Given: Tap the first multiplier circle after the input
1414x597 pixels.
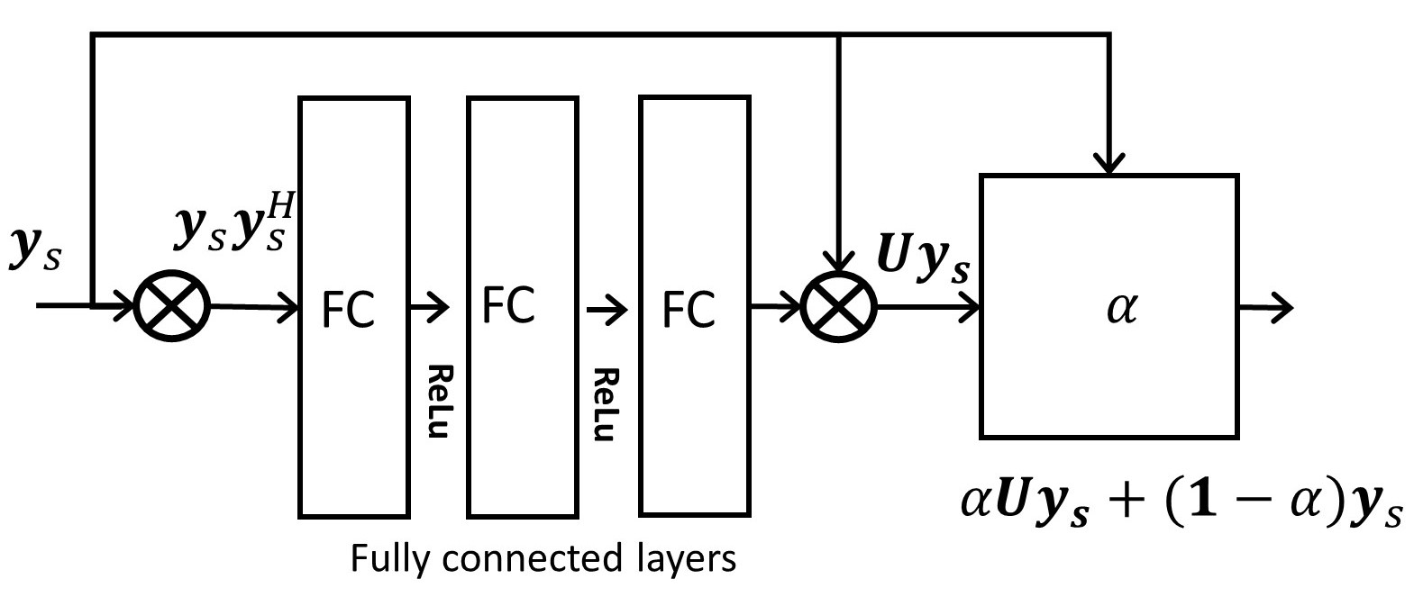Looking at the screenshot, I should [171, 307].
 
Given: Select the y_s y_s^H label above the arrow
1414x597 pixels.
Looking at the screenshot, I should [235, 226].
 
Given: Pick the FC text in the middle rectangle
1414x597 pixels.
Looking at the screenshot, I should [508, 304].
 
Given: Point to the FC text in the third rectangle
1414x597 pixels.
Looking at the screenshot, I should [689, 311].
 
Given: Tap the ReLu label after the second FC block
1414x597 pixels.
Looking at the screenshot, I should [606, 405].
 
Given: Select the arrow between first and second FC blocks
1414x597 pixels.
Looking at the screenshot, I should [429, 308].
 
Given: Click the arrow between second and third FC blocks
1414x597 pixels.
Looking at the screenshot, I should [606, 311].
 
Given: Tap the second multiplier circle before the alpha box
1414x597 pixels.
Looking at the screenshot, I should [839, 307].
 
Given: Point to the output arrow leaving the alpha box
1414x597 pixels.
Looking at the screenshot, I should [1266, 308].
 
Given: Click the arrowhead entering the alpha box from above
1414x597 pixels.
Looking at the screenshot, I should [1109, 165].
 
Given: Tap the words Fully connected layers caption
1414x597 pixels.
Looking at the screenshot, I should [543, 559].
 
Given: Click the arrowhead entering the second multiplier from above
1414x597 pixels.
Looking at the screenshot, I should [839, 260].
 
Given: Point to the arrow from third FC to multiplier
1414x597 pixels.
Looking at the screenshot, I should [775, 308].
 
